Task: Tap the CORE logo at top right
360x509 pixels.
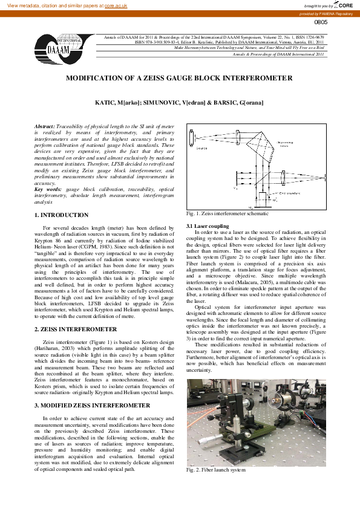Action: [343, 5]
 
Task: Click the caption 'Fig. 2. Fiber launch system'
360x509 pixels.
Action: [216, 469]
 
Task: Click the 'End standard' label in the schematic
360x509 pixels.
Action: [287, 193]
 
